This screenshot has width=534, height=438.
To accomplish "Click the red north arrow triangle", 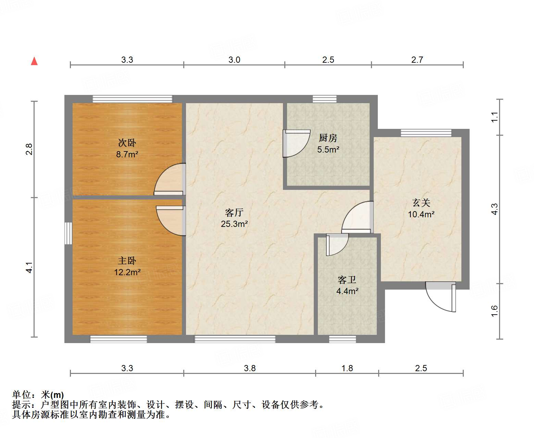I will pyautogui.click(x=34, y=61).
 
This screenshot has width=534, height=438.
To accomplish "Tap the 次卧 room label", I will pyautogui.click(x=127, y=143).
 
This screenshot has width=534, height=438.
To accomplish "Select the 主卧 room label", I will pyautogui.click(x=127, y=261).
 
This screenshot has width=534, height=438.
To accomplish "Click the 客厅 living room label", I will pyautogui.click(x=234, y=212).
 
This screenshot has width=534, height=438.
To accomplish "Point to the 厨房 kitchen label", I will pyautogui.click(x=328, y=138).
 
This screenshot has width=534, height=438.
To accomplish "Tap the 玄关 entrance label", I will pyautogui.click(x=421, y=203).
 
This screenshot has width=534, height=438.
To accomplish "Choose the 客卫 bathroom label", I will pyautogui.click(x=347, y=280).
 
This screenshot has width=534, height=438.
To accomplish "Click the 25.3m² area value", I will pyautogui.click(x=234, y=224).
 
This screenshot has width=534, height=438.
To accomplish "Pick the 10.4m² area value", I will pyautogui.click(x=421, y=215).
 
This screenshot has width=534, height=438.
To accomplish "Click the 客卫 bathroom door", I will pyautogui.click(x=336, y=244).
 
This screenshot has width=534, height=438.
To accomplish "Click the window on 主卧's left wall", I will pyautogui.click(x=69, y=233).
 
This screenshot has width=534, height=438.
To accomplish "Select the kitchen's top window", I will pyautogui.click(x=324, y=99).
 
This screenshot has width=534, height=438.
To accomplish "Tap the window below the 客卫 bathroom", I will pyautogui.click(x=342, y=339).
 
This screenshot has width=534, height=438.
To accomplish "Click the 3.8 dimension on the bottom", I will pyautogui.click(x=250, y=368).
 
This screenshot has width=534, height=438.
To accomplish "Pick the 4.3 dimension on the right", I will pyautogui.click(x=494, y=209).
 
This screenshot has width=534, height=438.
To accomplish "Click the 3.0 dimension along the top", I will pyautogui.click(x=234, y=60).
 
